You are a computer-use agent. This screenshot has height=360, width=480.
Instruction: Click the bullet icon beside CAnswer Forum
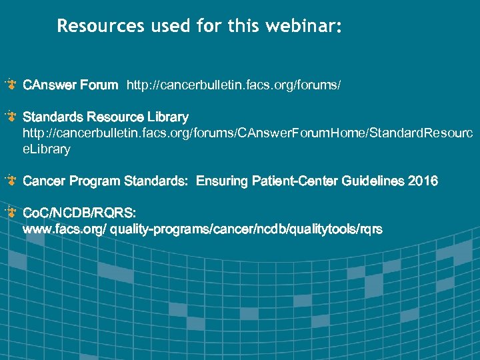[x=11, y=85]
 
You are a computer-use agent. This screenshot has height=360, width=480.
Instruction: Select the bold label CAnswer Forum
[x=71, y=85]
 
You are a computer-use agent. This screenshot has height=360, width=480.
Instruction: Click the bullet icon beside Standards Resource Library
[x=11, y=117]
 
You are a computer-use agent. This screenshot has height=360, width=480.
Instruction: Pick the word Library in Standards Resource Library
[x=166, y=117]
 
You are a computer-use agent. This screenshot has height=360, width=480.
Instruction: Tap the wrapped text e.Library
[x=47, y=149]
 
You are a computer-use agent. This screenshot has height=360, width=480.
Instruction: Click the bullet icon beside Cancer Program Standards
[x=11, y=181]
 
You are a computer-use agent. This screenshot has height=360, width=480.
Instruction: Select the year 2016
[x=423, y=181]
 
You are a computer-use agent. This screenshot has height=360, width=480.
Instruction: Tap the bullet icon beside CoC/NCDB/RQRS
[x=11, y=213]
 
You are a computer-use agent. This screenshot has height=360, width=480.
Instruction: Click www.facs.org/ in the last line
[x=65, y=229]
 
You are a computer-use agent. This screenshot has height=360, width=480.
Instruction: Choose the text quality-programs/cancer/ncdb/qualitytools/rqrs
[x=247, y=229]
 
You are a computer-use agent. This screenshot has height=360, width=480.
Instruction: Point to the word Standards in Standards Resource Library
[x=51, y=117]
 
